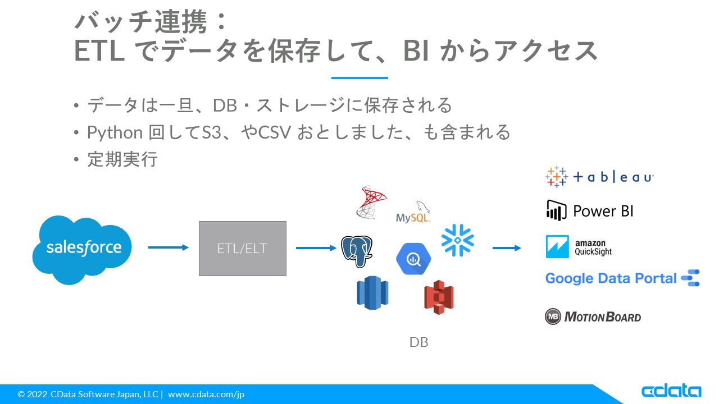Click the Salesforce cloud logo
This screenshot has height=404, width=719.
point(83,248)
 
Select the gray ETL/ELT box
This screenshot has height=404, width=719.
point(243,248)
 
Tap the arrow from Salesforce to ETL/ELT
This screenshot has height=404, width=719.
point(168,247)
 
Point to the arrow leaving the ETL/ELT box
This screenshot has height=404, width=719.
point(316,247)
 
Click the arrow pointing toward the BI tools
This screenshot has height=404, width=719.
point(507,247)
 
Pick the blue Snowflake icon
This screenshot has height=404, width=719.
point(457,241)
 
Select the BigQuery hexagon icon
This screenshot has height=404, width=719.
point(413,259)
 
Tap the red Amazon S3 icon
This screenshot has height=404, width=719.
point(439,297)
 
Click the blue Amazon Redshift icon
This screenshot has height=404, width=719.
point(372,292)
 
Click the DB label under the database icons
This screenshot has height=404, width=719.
point(419,342)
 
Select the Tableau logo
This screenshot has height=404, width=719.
point(599,177)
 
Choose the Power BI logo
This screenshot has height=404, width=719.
point(590,211)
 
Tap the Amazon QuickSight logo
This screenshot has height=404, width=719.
point(579,247)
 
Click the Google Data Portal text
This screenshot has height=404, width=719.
point(611,278)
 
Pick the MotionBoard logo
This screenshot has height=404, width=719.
point(593,316)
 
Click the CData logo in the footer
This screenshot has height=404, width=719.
point(671,391)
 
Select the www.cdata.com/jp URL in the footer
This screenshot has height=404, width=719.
point(206,394)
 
